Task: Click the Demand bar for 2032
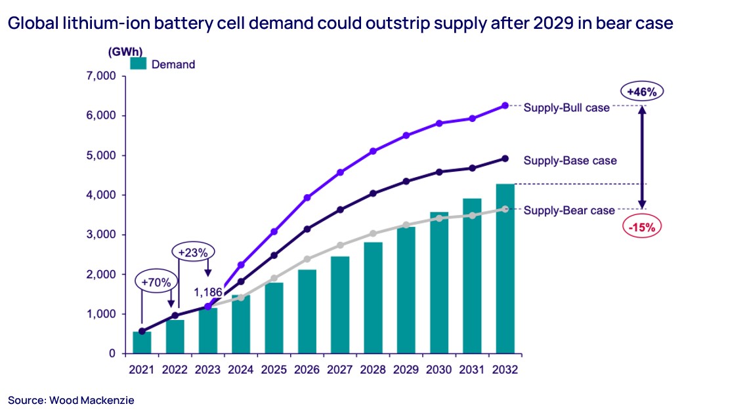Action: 505,269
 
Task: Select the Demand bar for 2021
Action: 142,342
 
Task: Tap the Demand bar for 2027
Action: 340,305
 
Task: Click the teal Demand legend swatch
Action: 138,64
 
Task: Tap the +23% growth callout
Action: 194,252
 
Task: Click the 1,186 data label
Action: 208,292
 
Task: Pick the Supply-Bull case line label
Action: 566,107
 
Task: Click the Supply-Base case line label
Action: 570,160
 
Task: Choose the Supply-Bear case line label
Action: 568,210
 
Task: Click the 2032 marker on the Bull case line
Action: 505,106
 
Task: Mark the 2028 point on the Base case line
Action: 373,193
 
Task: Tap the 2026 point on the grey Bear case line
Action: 307,259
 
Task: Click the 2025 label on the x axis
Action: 274,370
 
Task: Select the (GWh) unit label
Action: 125,50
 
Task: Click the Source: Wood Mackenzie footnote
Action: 71,400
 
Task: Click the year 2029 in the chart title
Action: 534,24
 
